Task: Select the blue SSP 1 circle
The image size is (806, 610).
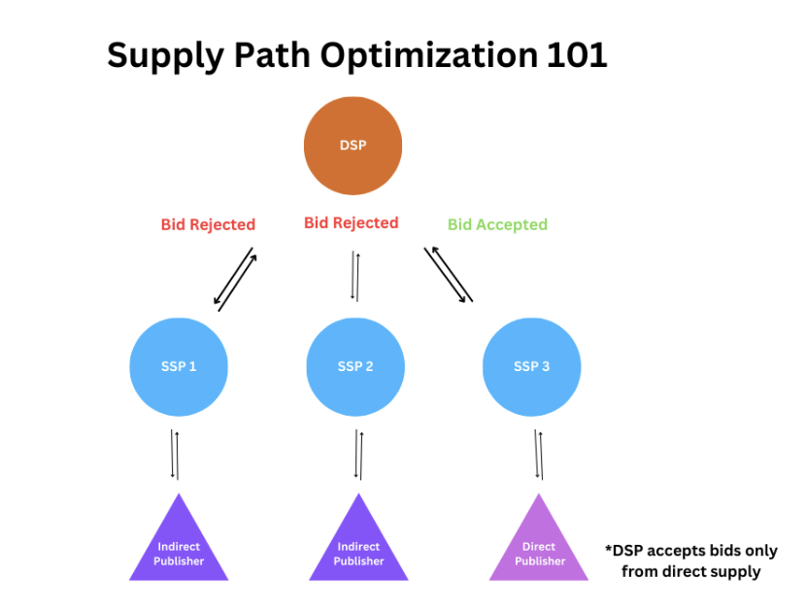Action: click(x=179, y=366)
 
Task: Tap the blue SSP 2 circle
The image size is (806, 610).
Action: click(x=355, y=366)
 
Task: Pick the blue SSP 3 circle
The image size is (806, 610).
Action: click(x=531, y=366)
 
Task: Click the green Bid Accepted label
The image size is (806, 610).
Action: click(x=497, y=224)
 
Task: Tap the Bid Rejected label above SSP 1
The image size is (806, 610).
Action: click(x=208, y=224)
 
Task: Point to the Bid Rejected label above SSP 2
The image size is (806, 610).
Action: click(x=351, y=222)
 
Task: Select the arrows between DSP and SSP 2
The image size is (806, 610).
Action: click(x=354, y=277)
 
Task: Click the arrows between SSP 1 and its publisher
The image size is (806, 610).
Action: click(x=175, y=454)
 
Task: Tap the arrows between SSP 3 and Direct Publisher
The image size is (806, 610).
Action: click(x=539, y=455)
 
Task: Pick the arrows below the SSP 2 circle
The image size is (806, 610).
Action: click(x=358, y=455)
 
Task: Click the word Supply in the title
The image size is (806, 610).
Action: click(x=166, y=55)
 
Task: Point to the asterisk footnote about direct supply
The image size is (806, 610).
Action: click(x=690, y=560)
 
